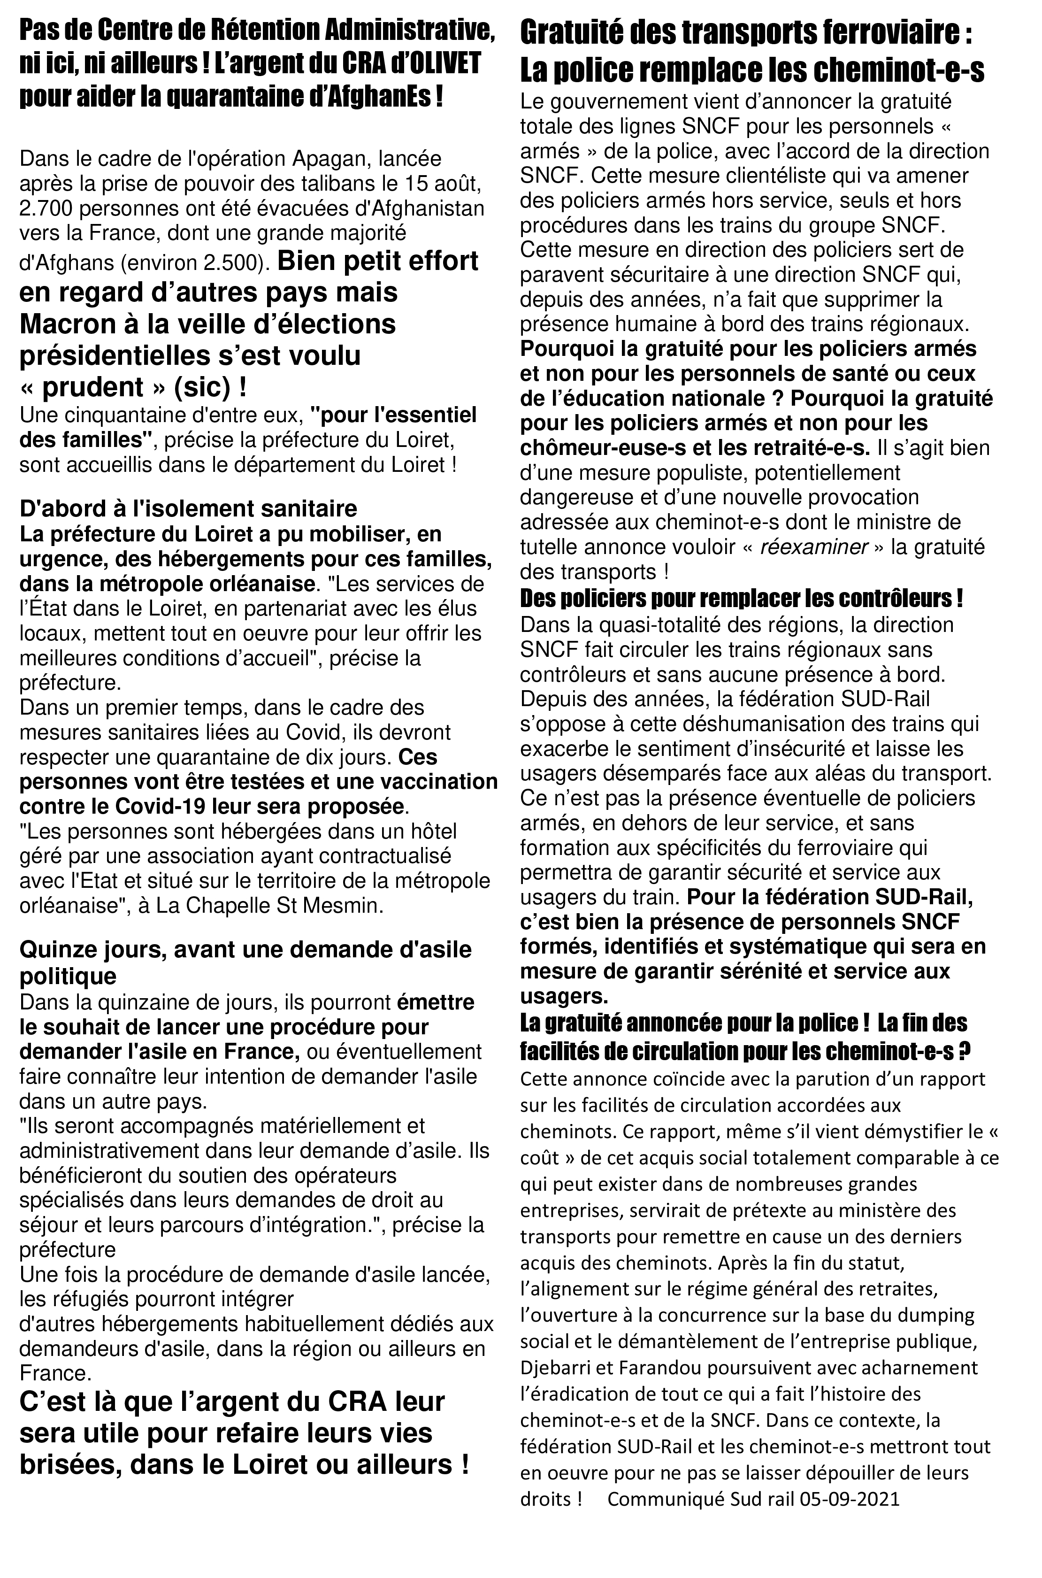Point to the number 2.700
(x=48, y=209)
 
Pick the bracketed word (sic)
(x=201, y=387)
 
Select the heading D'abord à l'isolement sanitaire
(x=188, y=508)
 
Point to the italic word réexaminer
(x=813, y=547)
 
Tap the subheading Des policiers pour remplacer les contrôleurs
(x=741, y=598)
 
